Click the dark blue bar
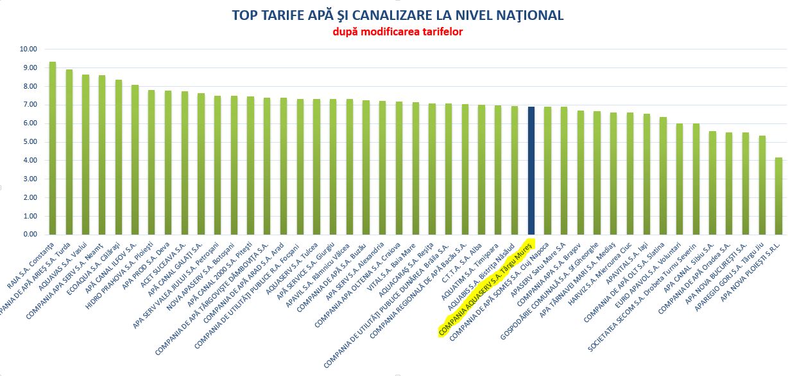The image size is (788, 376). [531, 171]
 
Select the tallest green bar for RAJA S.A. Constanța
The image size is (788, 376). [53, 148]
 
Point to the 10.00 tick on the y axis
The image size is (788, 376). [28, 49]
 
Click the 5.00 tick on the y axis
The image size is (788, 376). [28, 142]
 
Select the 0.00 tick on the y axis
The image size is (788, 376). [28, 235]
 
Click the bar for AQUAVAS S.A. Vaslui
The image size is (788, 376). [85, 155]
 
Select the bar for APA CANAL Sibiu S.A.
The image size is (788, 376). [712, 183]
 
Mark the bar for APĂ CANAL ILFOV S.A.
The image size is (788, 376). [135, 160]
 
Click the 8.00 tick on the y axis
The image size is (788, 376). [28, 86]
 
